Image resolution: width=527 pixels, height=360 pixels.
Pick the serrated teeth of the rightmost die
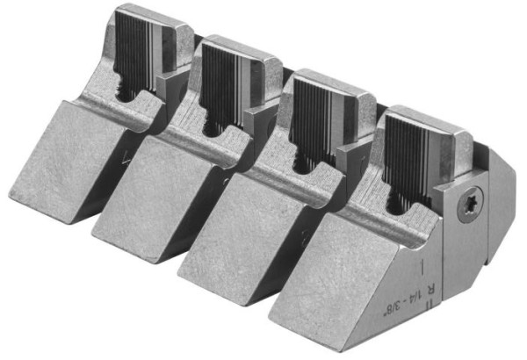411,144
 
